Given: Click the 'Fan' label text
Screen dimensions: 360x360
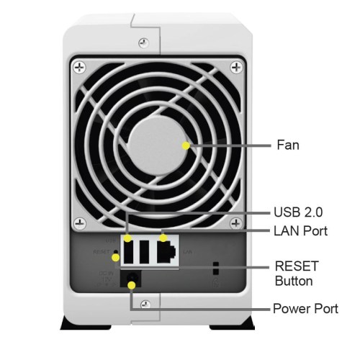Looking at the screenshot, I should [x=288, y=145].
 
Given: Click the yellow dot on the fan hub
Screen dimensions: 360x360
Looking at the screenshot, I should [x=186, y=145].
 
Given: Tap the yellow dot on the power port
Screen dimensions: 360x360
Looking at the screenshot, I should [x=131, y=287].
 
